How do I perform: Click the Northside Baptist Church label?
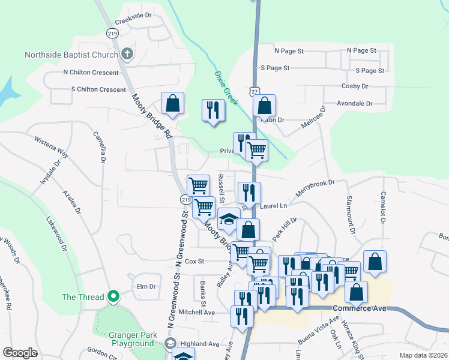(x=71, y=55)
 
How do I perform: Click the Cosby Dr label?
(x=354, y=86)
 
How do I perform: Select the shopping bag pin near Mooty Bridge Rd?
(x=172, y=104)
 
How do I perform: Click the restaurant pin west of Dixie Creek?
(x=212, y=110)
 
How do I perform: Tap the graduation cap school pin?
(x=229, y=220)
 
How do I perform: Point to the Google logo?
(x=20, y=353)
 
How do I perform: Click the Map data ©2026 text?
(x=423, y=355)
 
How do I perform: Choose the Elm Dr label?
(x=146, y=286)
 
